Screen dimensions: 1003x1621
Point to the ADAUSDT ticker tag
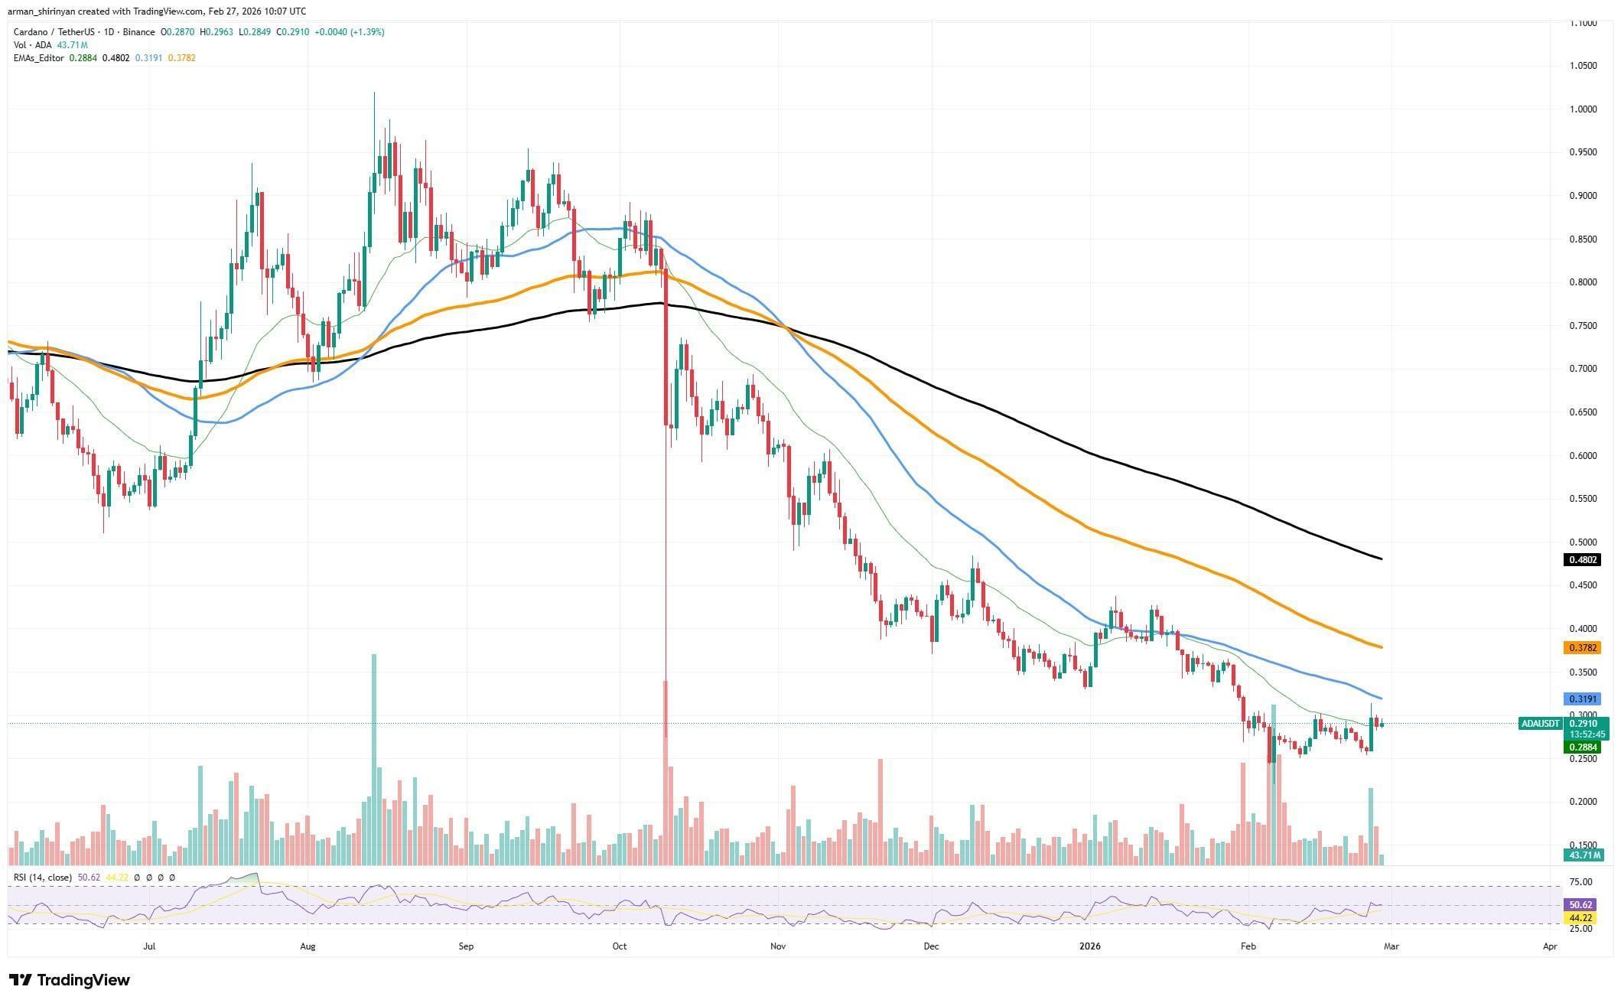[1540, 723]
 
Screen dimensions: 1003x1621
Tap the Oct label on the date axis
[620, 946]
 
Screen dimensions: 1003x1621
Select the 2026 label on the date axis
[1089, 946]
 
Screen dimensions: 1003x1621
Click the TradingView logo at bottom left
[70, 980]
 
